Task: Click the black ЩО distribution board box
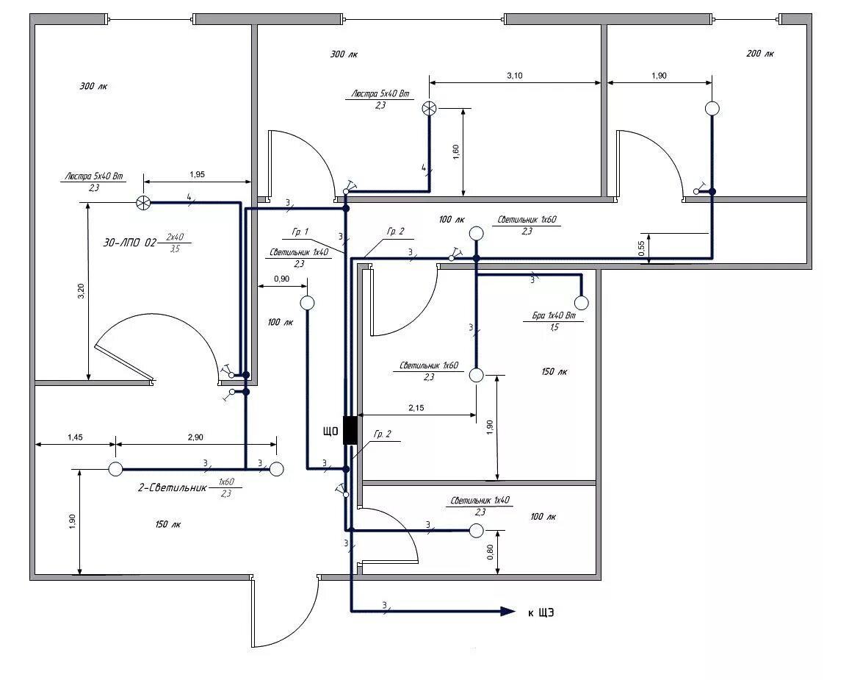pos(350,430)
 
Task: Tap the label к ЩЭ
pos(541,612)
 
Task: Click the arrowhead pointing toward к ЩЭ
pos(508,612)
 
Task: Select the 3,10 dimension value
pos(515,76)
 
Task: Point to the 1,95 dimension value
pos(197,174)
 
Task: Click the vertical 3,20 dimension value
pos(82,291)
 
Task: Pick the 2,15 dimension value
pos(416,408)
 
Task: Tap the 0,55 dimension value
pos(642,248)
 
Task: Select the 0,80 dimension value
pos(490,552)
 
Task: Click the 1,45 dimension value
pos(75,437)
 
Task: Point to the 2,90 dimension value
pos(195,437)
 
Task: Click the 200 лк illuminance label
pos(760,54)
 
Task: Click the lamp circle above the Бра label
pos(582,302)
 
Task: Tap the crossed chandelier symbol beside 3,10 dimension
pos(429,108)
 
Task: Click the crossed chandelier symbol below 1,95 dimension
pos(143,202)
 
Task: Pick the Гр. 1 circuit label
pos(300,232)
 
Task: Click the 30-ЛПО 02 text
pos(129,242)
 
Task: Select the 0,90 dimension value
pos(281,279)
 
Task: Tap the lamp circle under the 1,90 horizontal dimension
pos(712,108)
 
